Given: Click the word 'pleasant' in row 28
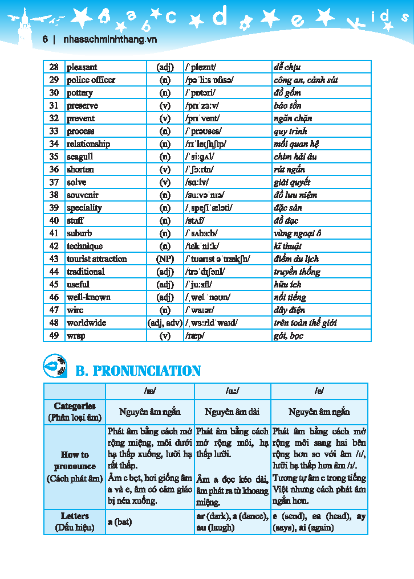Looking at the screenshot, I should [82, 67].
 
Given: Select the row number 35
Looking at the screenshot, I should [54, 157].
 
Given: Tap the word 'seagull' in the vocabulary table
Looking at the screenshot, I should [80, 157].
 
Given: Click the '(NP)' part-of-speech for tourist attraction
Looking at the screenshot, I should [165, 258].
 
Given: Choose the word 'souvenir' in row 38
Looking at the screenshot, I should [83, 195].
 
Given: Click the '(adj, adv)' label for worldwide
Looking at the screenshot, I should [165, 323].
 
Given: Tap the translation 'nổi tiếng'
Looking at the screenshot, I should [290, 297].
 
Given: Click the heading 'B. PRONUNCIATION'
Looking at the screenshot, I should [138, 371].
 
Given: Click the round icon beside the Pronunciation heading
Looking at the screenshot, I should [55, 366].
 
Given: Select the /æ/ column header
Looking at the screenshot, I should [150, 391].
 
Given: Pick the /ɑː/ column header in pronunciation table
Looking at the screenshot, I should [232, 391].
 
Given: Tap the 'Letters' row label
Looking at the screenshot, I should [75, 521].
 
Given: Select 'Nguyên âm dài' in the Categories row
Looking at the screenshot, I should [232, 412].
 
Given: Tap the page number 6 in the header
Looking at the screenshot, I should [44, 40].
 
